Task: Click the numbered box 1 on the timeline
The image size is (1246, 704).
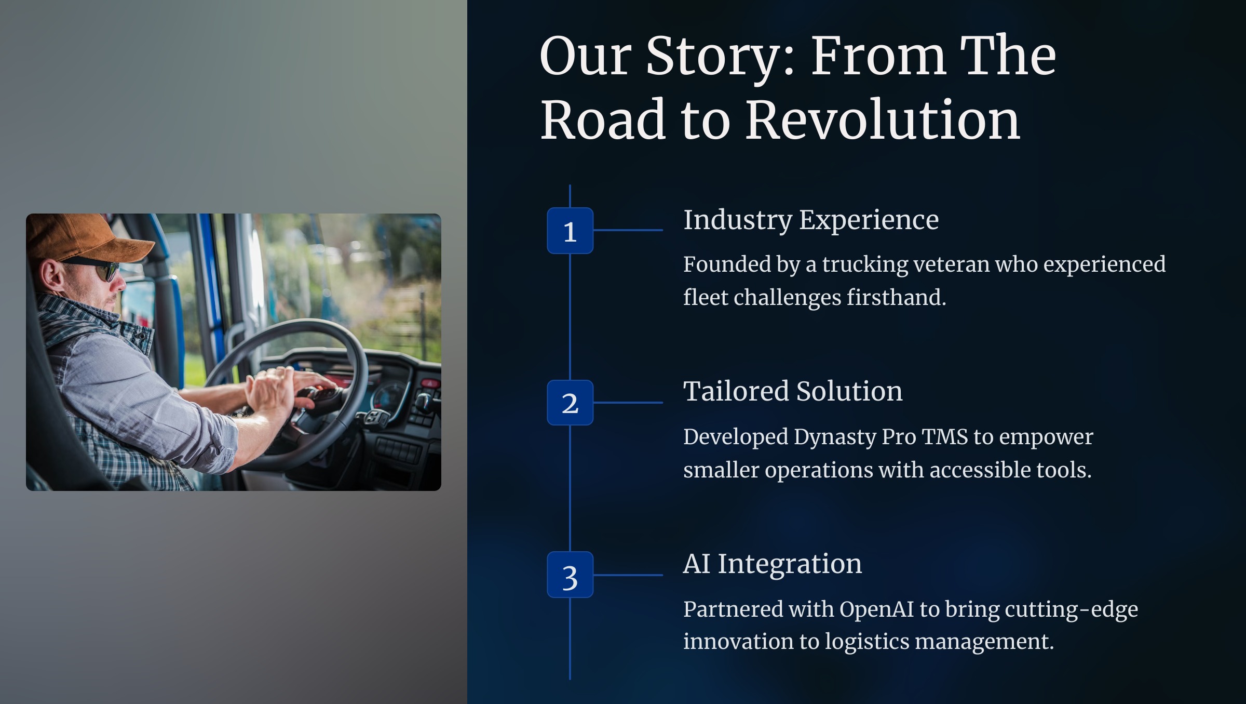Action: [570, 231]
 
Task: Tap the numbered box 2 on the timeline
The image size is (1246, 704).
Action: [570, 403]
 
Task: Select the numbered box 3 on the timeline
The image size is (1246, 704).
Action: [570, 575]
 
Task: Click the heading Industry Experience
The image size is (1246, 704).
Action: [811, 220]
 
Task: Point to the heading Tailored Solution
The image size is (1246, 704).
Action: [793, 391]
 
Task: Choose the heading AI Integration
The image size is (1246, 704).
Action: [773, 564]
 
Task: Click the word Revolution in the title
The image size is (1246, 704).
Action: [883, 120]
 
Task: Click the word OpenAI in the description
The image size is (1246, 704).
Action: [876, 610]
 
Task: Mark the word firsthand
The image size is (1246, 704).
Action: [897, 298]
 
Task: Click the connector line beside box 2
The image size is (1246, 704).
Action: [628, 403]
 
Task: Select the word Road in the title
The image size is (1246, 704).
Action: [603, 120]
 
